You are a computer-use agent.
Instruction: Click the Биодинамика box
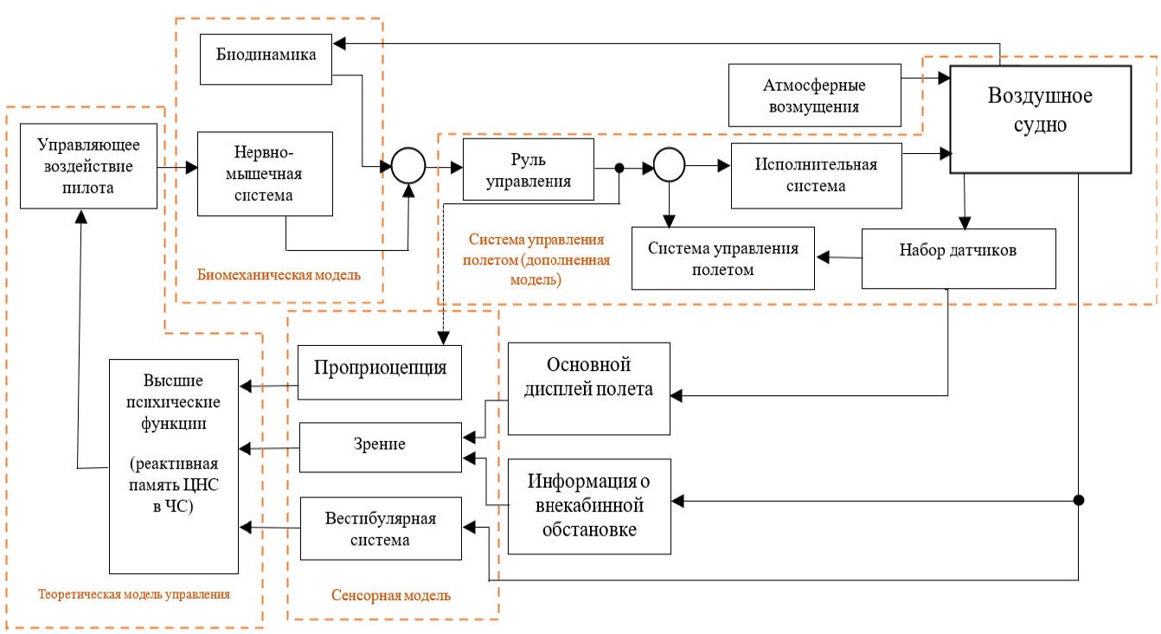(x=266, y=59)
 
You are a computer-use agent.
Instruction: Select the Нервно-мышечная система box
(x=265, y=173)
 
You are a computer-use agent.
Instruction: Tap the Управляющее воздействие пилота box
(x=88, y=163)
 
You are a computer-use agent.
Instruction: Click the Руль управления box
(x=528, y=170)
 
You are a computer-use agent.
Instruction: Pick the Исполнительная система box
(x=816, y=176)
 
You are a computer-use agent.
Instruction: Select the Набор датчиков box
(x=959, y=258)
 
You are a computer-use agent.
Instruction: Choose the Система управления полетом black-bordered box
(x=723, y=258)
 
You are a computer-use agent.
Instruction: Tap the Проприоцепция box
(x=379, y=372)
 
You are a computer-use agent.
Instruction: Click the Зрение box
(x=380, y=447)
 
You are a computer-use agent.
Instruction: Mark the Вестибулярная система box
(x=380, y=528)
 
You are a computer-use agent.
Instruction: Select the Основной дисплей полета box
(x=588, y=388)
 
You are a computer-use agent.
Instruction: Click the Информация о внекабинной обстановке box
(x=588, y=506)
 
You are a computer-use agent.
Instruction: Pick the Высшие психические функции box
(x=173, y=466)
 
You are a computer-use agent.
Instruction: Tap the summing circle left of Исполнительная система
(x=669, y=162)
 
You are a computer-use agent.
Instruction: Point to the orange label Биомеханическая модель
(x=279, y=275)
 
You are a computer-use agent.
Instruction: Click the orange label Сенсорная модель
(x=391, y=596)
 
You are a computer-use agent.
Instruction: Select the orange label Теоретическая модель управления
(x=133, y=594)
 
